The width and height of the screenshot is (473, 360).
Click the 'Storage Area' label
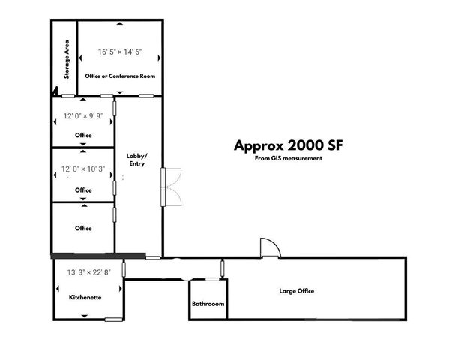67,59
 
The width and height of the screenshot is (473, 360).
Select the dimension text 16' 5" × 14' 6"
120,52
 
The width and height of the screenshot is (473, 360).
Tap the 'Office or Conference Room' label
120,76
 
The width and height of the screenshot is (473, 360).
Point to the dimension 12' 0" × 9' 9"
82,116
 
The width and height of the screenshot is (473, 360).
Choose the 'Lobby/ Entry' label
136,159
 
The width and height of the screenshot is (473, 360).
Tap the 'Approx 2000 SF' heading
289,145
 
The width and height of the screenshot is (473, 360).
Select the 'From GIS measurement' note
289,158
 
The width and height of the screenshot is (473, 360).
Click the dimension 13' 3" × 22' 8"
88,272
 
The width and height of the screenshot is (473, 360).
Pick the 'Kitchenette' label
85,297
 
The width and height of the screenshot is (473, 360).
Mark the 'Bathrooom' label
208,304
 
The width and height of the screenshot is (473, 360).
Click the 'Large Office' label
296,291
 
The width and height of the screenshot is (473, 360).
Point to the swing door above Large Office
269,248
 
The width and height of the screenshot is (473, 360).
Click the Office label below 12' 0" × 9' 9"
83,135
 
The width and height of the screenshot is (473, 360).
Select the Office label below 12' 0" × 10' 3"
83,190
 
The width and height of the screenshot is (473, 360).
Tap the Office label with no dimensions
83,228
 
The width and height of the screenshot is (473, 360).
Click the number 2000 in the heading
300,145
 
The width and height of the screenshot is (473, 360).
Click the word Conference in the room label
123,76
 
